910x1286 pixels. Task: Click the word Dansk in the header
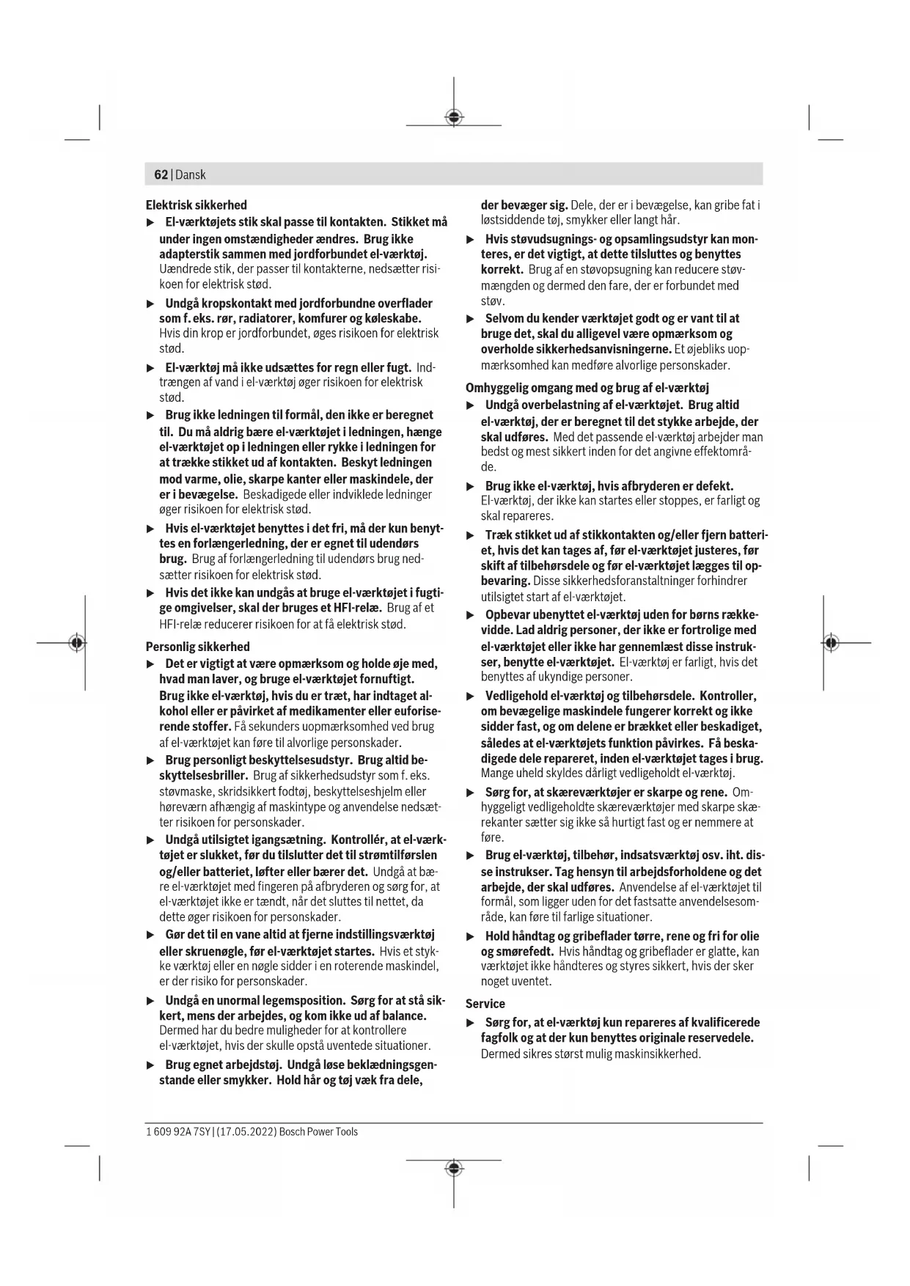(191, 174)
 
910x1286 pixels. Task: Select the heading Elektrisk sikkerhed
(196, 205)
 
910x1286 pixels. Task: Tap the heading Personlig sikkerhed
(197, 647)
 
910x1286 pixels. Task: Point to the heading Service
(485, 1004)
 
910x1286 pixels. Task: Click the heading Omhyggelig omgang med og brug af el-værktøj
(587, 388)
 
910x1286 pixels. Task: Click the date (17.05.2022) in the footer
(246, 1131)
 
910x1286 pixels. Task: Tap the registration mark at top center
(454, 117)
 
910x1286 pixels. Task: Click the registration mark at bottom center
(454, 1168)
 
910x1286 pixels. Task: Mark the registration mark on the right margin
(830, 643)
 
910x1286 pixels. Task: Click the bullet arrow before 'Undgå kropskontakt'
(151, 304)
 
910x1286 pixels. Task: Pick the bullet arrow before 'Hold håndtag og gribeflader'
(471, 936)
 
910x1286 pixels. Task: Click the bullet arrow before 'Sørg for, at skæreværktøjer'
(471, 793)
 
